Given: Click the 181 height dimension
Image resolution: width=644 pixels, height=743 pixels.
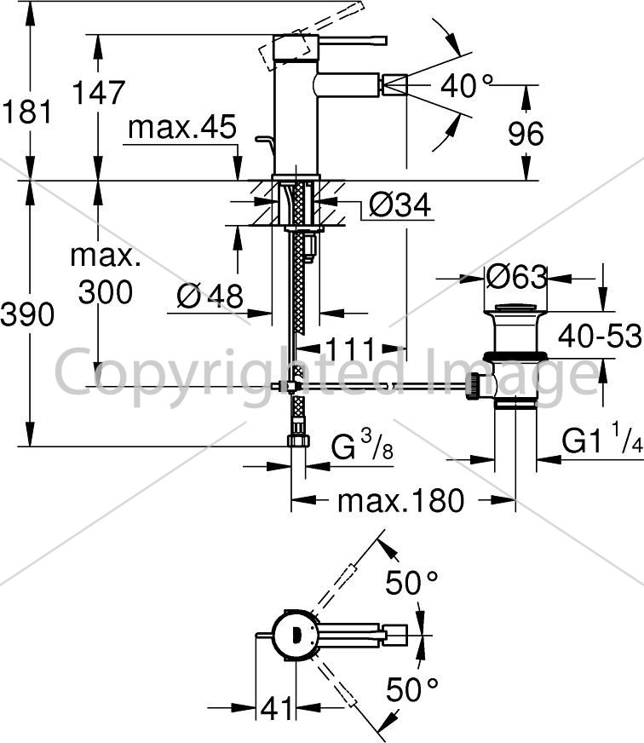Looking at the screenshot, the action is pyautogui.click(x=26, y=112).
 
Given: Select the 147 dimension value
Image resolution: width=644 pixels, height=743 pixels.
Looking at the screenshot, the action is pyautogui.click(x=99, y=92).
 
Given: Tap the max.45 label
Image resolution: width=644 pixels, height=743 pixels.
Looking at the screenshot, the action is pyautogui.click(x=182, y=127).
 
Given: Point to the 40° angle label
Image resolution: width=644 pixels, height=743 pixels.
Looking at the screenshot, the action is pyautogui.click(x=467, y=86).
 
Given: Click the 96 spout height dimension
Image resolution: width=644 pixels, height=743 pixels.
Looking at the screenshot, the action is pyautogui.click(x=526, y=134).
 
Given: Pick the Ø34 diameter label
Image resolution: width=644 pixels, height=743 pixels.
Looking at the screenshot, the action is pyautogui.click(x=400, y=204).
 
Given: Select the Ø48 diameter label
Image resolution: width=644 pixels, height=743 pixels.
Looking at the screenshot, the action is pyautogui.click(x=210, y=296).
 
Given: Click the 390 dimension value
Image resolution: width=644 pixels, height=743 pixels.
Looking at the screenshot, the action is pyautogui.click(x=27, y=314).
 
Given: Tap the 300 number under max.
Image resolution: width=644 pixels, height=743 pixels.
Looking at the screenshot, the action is pyautogui.click(x=105, y=292).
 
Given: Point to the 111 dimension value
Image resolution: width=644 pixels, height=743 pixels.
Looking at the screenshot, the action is pyautogui.click(x=351, y=349).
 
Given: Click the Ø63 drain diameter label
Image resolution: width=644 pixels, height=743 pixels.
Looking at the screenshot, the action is pyautogui.click(x=516, y=276).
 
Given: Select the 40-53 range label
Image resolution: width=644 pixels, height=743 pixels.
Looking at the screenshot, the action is pyautogui.click(x=600, y=336).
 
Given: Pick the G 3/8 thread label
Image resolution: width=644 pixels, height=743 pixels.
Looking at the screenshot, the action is pyautogui.click(x=362, y=445).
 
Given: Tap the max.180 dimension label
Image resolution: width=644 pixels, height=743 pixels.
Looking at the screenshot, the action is pyautogui.click(x=401, y=500).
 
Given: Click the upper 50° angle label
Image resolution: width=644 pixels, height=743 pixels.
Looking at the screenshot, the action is pyautogui.click(x=411, y=582).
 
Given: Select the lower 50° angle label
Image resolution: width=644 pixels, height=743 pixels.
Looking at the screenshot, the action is pyautogui.click(x=411, y=689).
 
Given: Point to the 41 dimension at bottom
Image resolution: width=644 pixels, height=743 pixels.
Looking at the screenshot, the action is pyautogui.click(x=277, y=708).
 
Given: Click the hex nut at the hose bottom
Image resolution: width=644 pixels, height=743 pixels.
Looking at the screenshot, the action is pyautogui.click(x=298, y=441).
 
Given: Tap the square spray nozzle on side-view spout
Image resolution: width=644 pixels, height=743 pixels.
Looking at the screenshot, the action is pyautogui.click(x=395, y=85).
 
